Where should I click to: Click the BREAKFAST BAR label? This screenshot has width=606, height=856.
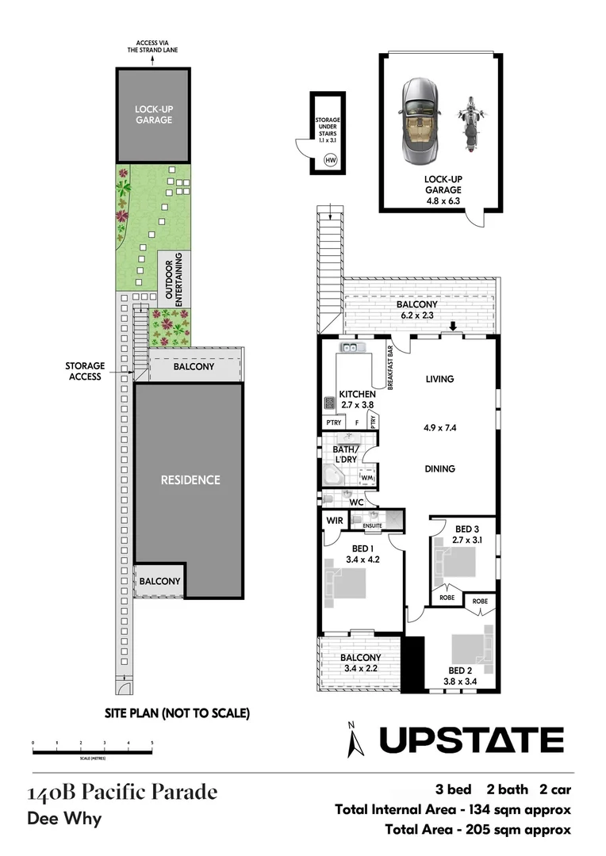click(x=391, y=367)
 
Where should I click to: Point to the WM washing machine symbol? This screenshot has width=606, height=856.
click(x=367, y=479)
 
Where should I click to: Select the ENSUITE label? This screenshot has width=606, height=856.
click(x=372, y=525)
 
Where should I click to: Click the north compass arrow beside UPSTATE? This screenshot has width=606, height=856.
click(x=354, y=741)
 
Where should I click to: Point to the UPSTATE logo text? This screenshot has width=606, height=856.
click(x=471, y=740)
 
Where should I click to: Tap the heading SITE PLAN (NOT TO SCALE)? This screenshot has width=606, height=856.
click(x=177, y=713)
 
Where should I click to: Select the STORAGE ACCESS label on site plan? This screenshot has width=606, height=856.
click(x=84, y=372)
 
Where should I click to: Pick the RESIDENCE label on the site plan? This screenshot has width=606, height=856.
click(x=190, y=480)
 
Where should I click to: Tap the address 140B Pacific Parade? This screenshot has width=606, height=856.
click(x=121, y=792)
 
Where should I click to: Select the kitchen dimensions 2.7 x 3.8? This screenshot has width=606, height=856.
click(x=357, y=404)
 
